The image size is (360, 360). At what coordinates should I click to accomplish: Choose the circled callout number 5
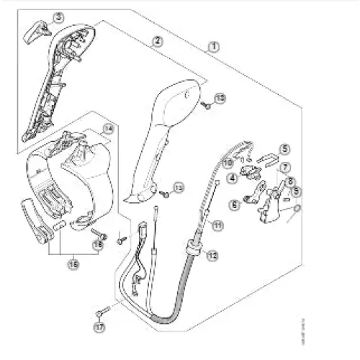[x=284, y=149]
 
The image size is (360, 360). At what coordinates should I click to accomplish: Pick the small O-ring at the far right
[x=298, y=210]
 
